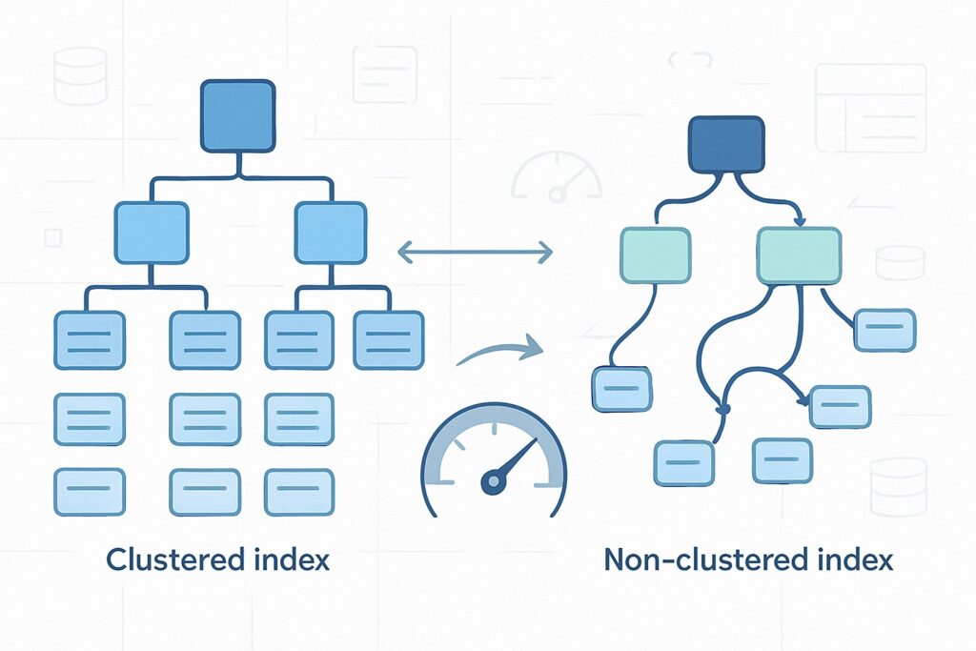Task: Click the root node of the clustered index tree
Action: (x=237, y=115)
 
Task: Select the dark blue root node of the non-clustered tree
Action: (x=725, y=145)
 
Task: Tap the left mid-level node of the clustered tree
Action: (x=152, y=233)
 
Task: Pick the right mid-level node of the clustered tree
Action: (x=331, y=233)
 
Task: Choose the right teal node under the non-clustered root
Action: (x=799, y=255)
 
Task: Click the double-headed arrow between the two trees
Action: (x=475, y=253)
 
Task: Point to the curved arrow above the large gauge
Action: (x=498, y=352)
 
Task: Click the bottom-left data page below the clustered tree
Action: (x=90, y=492)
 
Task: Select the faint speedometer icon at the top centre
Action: (x=558, y=177)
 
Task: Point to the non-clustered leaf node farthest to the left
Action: (x=621, y=389)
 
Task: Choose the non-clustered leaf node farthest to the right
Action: (x=884, y=330)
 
